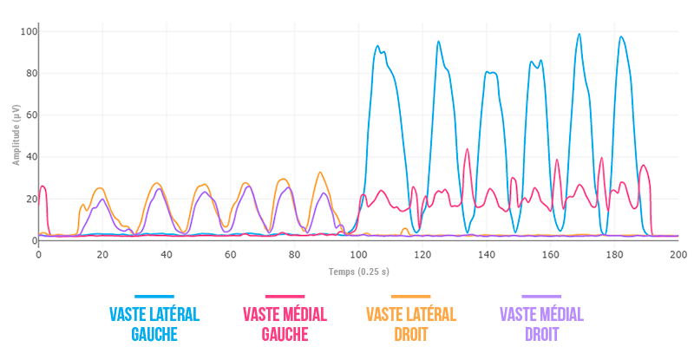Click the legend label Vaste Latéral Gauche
[154, 324]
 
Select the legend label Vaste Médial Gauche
[285, 324]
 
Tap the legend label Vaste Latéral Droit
[411, 324]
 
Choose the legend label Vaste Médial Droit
[541, 324]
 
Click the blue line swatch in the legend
[154, 297]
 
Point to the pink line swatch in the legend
[285, 297]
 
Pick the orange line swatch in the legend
[411, 297]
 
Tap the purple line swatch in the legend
[541, 297]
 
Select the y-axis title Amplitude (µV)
[16, 134]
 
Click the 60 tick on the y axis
[29, 115]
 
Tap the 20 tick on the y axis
[29, 199]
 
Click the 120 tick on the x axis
[422, 254]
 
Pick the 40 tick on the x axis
[167, 254]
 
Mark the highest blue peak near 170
[579, 35]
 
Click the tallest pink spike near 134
[468, 149]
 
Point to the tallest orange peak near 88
[320, 173]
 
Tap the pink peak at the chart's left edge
[43, 187]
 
